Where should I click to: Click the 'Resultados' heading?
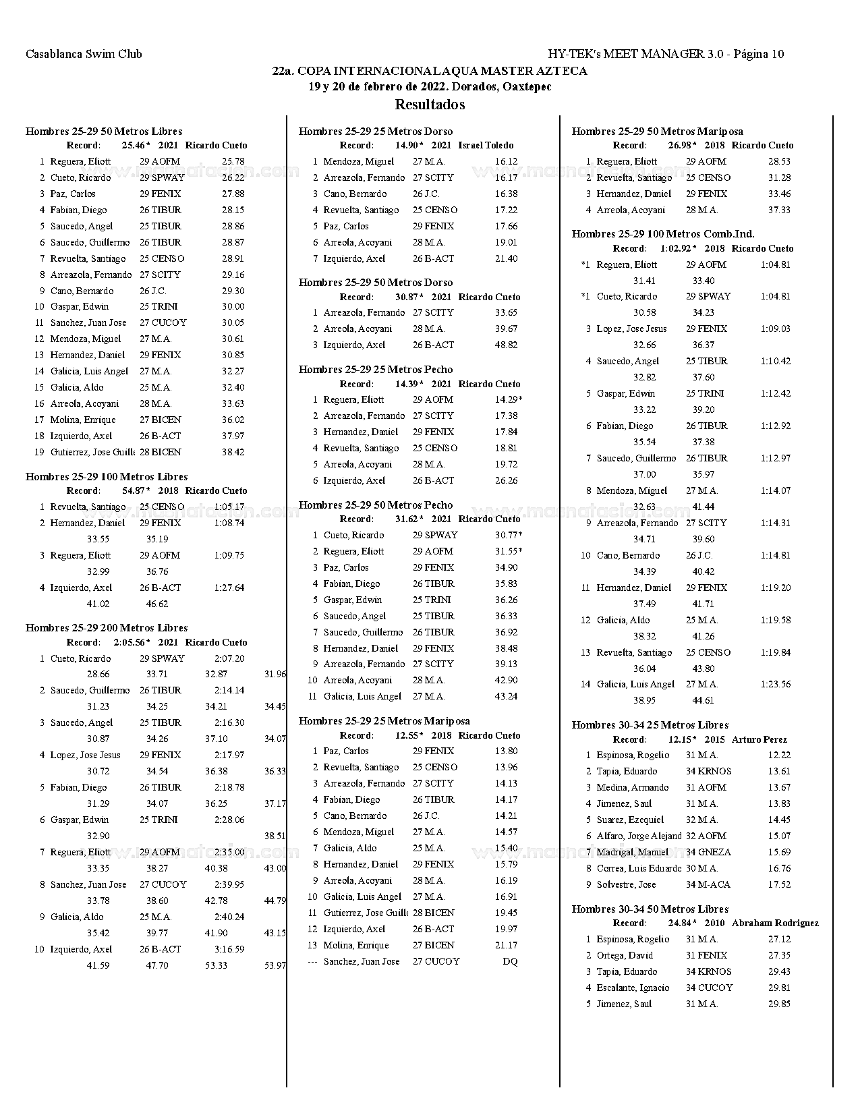pyautogui.click(x=430, y=105)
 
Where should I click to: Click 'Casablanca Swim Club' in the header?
pyautogui.click(x=84, y=54)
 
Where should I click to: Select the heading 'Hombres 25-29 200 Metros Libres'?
pyautogui.click(x=107, y=627)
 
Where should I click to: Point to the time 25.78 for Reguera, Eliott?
pyautogui.click(x=233, y=161)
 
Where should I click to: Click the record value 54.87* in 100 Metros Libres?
pyautogui.click(x=136, y=490)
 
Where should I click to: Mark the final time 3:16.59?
pyautogui.click(x=229, y=949)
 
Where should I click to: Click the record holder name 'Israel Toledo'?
pyautogui.click(x=486, y=145)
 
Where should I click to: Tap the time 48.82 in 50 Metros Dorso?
pyautogui.click(x=506, y=345)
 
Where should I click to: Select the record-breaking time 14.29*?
pyautogui.click(x=508, y=399)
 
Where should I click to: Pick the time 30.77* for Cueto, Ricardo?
pyautogui.click(x=508, y=535)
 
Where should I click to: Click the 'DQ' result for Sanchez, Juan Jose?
pyautogui.click(x=510, y=961)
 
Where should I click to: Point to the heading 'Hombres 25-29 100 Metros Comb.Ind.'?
pyautogui.click(x=663, y=234)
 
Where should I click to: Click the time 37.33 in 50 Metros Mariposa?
pyautogui.click(x=779, y=210)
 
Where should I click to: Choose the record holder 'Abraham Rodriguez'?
pyautogui.click(x=775, y=923)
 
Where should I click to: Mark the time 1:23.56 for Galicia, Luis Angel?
pyautogui.click(x=775, y=684)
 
